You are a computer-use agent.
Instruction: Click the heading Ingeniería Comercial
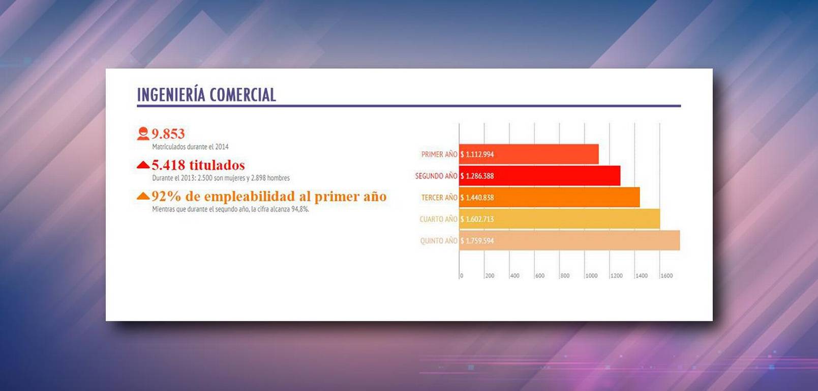point(206,95)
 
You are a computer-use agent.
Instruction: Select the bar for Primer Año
point(529,154)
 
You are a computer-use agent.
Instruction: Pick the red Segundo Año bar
point(540,176)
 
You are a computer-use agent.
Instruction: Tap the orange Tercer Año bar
point(550,197)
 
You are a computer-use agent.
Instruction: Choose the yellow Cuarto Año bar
point(559,219)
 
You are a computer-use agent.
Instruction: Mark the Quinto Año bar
point(570,240)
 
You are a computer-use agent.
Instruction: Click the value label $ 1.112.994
point(477,154)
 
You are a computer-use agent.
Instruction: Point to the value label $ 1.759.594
point(477,241)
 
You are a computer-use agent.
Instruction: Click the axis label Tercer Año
point(439,198)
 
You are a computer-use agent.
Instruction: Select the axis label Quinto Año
point(439,241)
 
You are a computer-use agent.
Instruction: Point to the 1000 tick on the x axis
point(592,276)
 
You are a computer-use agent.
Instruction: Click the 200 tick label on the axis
point(490,276)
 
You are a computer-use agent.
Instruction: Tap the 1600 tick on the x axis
point(666,276)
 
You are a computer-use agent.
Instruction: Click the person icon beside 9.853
point(143,133)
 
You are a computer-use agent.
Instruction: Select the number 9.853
point(168,134)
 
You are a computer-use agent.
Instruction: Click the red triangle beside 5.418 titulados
point(143,164)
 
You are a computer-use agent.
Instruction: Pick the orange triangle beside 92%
point(143,196)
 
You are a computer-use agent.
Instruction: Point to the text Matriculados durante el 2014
point(190,147)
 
